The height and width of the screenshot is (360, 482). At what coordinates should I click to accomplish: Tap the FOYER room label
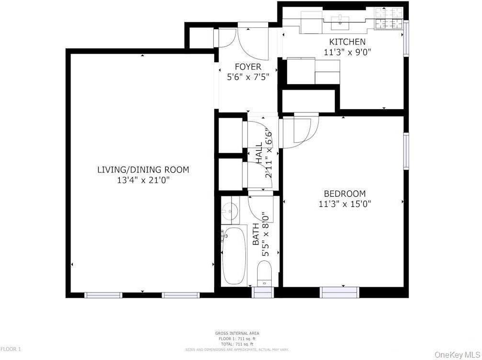[x=248, y=67]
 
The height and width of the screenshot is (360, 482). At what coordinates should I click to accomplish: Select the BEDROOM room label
[x=344, y=194]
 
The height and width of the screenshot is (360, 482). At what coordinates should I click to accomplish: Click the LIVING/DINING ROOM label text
[x=143, y=169]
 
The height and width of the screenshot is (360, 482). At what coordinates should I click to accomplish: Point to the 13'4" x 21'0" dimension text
[x=143, y=180]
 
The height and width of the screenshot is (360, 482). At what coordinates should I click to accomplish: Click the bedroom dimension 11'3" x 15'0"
[x=344, y=204]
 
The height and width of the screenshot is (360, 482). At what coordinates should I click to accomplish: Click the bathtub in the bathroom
[x=234, y=256]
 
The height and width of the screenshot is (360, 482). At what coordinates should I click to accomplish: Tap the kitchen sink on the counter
[x=340, y=19]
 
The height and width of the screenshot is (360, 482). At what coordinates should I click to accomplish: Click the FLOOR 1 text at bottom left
[x=11, y=349]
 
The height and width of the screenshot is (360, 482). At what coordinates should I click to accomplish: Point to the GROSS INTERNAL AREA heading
[x=237, y=333]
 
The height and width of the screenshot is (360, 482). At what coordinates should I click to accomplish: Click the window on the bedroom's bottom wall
[x=339, y=292]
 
